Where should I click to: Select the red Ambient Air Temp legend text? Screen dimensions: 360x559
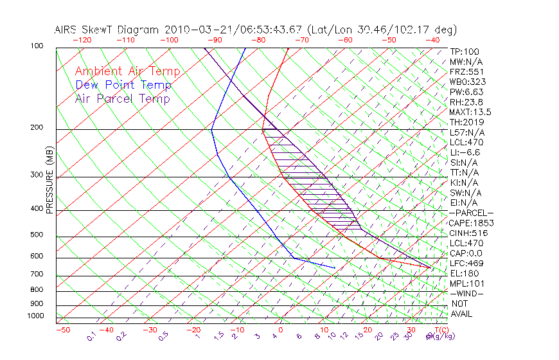127,71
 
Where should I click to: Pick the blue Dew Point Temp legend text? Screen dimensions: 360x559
123,85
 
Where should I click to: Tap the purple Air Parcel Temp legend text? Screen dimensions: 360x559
122,98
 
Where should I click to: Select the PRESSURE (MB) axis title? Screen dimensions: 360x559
49,181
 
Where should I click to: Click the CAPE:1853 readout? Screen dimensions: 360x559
472,223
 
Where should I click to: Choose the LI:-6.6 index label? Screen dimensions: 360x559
465,152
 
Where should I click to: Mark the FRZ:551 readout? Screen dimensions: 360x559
466,71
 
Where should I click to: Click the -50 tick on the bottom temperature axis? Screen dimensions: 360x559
62,330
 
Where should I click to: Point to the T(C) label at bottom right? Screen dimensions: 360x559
439,330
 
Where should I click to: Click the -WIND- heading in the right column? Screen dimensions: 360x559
467,293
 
